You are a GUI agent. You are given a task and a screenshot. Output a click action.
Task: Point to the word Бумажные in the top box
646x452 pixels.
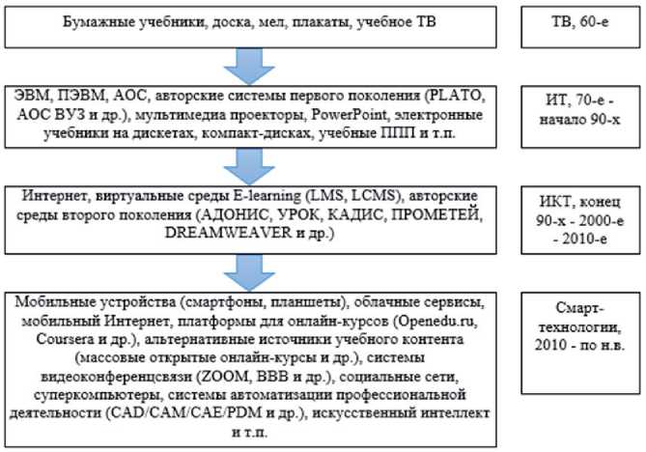103,20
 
